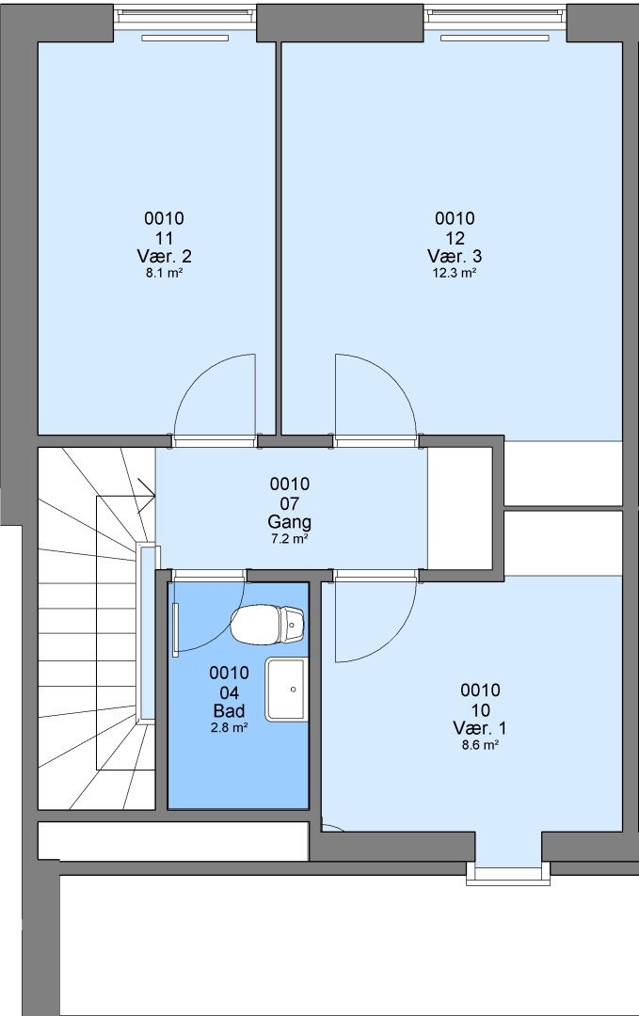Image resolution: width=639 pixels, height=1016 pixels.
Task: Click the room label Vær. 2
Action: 164,256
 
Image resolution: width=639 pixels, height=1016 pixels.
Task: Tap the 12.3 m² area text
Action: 455,273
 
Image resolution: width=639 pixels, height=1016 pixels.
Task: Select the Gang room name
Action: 289,521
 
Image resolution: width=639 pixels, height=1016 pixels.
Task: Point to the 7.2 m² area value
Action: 289,538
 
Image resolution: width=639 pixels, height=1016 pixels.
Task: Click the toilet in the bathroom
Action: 267,625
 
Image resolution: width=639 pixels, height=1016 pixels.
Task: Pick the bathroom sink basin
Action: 285,689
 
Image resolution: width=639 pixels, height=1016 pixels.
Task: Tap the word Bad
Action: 229,711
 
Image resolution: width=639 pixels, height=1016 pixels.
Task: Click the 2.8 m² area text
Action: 229,727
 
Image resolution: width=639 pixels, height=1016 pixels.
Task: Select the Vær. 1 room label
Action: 480,727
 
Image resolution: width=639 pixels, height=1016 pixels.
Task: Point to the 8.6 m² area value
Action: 480,745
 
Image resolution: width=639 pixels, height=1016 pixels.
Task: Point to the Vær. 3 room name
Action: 455,256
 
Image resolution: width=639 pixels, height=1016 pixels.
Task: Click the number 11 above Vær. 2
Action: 164,238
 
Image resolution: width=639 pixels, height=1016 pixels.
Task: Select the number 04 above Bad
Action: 229,692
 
